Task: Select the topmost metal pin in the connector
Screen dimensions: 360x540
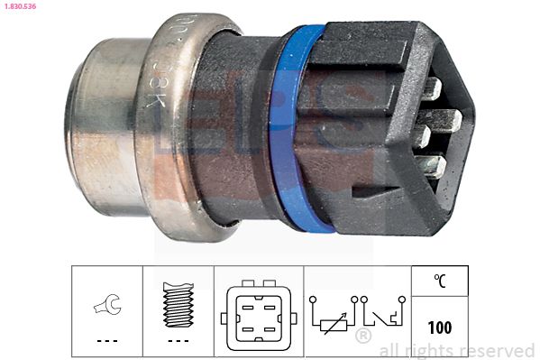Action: tap(430, 88)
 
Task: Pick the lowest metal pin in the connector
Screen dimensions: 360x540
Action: tap(434, 166)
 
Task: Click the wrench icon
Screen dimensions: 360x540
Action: tap(106, 308)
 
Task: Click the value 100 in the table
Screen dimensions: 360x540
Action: tap(441, 328)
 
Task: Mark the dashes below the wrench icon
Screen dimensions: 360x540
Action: tap(106, 340)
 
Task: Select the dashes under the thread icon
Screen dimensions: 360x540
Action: tap(178, 340)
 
